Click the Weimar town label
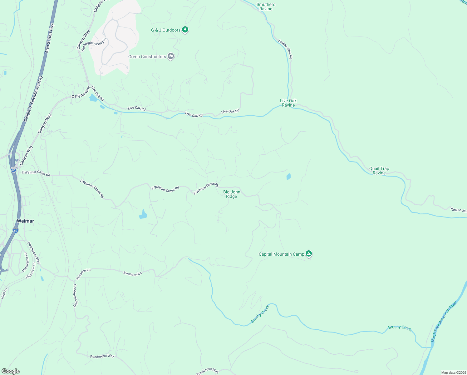25,221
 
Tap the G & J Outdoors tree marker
185,30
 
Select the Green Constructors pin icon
170,56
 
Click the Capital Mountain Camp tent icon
308,253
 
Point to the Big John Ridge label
232,194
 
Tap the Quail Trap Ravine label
379,171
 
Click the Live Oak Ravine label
288,103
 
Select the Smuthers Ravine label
266,7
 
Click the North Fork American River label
444,322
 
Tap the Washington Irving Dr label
94,44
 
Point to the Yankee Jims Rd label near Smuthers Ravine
285,49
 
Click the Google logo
10,371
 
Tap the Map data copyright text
454,372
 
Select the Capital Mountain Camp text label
281,254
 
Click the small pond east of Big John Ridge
288,177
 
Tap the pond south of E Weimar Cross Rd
143,214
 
